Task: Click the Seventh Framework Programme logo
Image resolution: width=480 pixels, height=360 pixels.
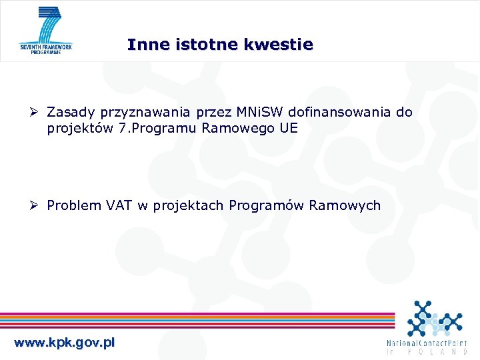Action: coord(46,31)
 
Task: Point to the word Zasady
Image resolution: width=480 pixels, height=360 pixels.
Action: coord(70,112)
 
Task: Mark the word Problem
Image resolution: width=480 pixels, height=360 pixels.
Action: coord(73,205)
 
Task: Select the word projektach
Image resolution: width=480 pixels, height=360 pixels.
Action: coord(189,205)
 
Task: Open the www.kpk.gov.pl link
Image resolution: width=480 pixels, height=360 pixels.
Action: coord(65,343)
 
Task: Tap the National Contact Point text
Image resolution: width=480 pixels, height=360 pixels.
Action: coord(427,347)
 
